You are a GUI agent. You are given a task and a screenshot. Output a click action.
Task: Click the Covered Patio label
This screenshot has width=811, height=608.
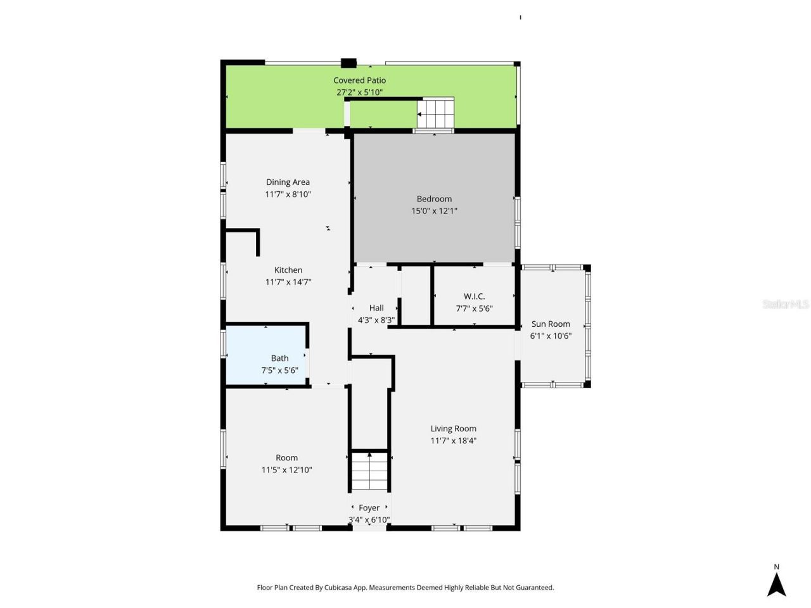click(x=359, y=80)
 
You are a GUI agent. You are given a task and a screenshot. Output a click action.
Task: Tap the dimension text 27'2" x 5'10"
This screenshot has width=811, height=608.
click(x=359, y=92)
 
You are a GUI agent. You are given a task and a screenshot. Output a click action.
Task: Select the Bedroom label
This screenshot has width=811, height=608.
click(x=434, y=199)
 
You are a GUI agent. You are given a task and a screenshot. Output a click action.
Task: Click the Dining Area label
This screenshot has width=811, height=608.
click(x=288, y=182)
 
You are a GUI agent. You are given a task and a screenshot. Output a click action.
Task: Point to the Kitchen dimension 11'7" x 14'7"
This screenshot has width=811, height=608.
click(x=288, y=282)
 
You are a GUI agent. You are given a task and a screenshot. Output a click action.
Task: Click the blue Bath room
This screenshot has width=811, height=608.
click(x=267, y=355)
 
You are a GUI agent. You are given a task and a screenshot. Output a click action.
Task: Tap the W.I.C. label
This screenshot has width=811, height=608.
click(x=474, y=296)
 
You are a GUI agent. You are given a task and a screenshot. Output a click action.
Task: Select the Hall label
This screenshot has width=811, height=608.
click(x=376, y=308)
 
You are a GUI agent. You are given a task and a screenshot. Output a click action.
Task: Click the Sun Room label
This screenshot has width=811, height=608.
click(x=551, y=324)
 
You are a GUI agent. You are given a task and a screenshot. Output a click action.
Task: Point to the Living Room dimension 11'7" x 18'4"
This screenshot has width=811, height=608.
click(x=453, y=441)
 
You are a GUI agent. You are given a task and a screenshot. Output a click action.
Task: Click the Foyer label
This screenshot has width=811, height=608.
click(x=369, y=508)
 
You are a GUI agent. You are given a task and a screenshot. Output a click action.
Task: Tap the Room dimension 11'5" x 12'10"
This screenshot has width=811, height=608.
click(x=286, y=470)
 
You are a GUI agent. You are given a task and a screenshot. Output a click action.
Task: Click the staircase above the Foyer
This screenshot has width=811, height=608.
click(x=369, y=472)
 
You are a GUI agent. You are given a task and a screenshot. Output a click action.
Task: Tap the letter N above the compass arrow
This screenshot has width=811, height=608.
click(x=776, y=567)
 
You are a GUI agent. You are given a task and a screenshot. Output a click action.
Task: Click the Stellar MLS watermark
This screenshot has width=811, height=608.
click(x=786, y=305)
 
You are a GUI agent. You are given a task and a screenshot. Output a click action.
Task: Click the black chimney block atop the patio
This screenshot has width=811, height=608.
click(x=348, y=63)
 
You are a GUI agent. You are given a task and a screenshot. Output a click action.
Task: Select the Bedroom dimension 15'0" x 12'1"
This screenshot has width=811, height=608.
click(x=434, y=211)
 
